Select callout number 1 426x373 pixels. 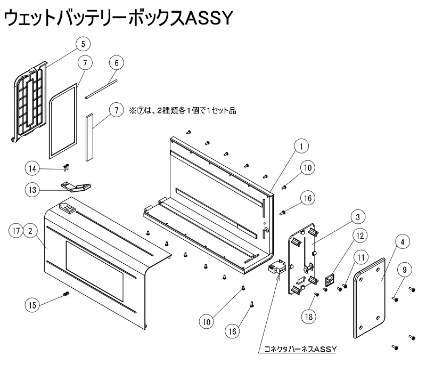click(301, 145)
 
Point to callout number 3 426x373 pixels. click(358, 216)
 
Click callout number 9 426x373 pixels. click(404, 270)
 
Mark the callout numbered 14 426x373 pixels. click(32, 168)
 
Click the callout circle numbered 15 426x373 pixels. click(32, 304)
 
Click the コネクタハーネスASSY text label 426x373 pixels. click(301, 349)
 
